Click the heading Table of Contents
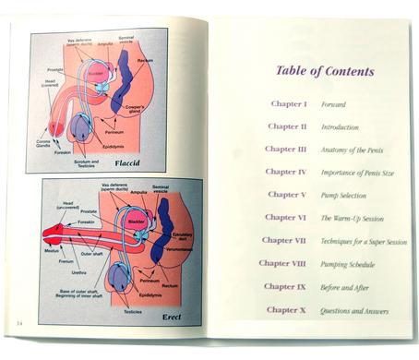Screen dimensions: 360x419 [x=324, y=71]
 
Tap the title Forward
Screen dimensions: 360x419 [x=333, y=104]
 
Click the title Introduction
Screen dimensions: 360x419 [x=340, y=127]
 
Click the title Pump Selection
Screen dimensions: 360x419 [x=343, y=195]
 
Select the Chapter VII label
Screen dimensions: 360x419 [x=282, y=240]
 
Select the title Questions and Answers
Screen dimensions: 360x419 [x=354, y=311]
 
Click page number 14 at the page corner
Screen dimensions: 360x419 [x=18, y=322]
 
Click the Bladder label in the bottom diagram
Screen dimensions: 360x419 [x=133, y=222]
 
